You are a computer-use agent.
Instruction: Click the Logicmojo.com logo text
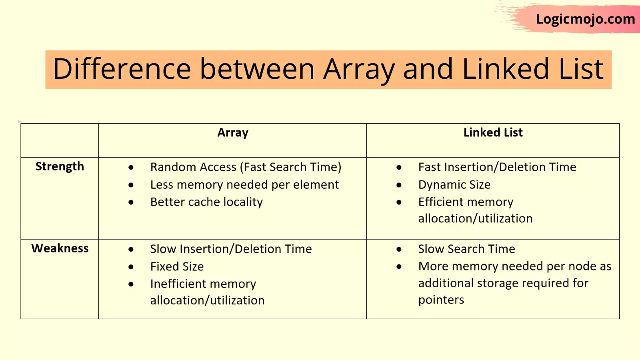(x=586, y=20)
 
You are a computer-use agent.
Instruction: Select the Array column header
(x=233, y=133)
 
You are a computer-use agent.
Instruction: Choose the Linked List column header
(x=493, y=132)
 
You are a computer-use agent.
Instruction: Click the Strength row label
(x=60, y=166)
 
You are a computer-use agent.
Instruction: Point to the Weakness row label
(x=60, y=248)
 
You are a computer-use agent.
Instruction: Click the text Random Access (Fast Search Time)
(x=246, y=167)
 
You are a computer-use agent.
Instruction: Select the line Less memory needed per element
(x=244, y=185)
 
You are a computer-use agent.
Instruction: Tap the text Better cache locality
(x=206, y=202)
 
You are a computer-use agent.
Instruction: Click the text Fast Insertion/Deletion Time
(x=497, y=167)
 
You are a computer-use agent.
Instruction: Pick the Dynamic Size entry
(x=454, y=185)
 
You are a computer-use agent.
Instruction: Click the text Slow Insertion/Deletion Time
(x=231, y=249)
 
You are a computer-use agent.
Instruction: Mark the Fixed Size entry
(x=177, y=266)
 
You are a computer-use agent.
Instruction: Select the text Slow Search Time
(x=466, y=249)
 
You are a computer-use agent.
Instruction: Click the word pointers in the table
(x=441, y=300)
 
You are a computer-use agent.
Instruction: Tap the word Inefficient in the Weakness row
(x=178, y=284)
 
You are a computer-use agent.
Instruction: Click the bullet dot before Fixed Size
(x=131, y=267)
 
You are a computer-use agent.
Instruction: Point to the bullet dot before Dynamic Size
(x=399, y=185)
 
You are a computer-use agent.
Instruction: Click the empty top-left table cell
(x=60, y=140)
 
